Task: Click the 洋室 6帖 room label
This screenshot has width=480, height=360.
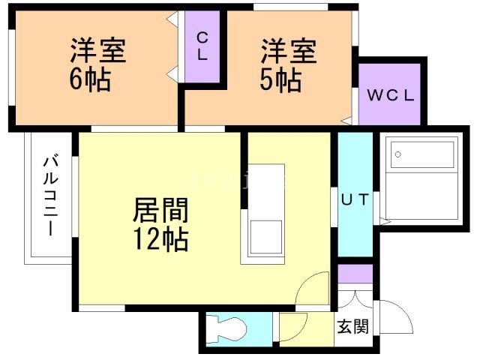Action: (x=97, y=65)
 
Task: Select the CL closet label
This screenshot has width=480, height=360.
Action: (x=202, y=46)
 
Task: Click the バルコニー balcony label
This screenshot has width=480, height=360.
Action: (x=49, y=195)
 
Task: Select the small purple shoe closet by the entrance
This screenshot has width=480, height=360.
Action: (x=355, y=273)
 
